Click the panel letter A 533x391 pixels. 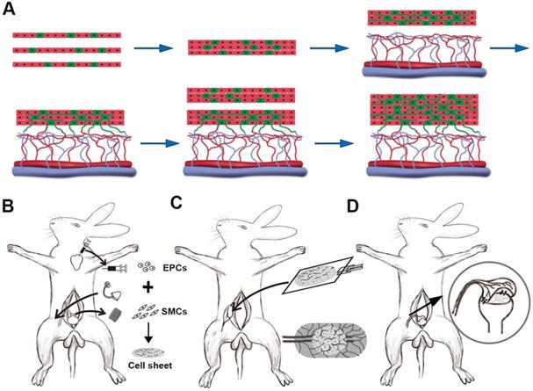[9, 9]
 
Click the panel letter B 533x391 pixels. [8, 206]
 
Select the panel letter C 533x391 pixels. [177, 203]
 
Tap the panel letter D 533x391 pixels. [353, 206]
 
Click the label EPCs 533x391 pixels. [175, 268]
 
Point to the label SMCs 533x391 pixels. [175, 311]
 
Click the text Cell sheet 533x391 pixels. [150, 366]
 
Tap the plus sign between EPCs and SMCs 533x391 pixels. [148, 288]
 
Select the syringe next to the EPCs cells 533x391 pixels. [116, 269]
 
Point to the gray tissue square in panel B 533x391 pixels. [115, 315]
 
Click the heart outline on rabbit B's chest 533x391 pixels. [77, 262]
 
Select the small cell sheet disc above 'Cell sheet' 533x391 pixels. [148, 353]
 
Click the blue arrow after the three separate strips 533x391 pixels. [154, 48]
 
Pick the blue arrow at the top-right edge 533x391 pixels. [509, 48]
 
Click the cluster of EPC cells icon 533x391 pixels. [146, 267]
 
